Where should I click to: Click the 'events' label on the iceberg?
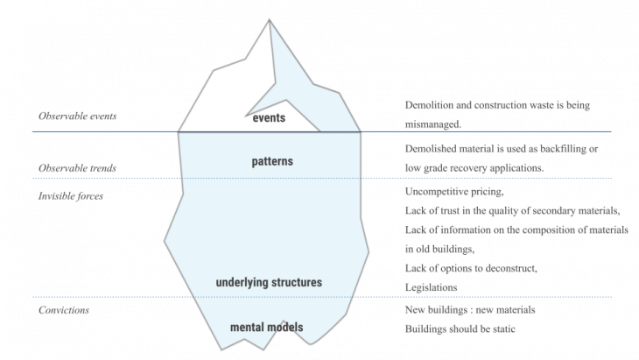point(269,117)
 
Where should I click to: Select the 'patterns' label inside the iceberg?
point(271,162)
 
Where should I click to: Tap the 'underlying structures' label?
point(269,283)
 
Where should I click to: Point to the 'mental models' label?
point(266,328)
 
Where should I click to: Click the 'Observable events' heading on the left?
point(78,116)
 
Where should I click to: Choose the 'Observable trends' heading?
point(78,167)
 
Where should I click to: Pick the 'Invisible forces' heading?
point(71,195)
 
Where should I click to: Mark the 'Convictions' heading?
point(65,310)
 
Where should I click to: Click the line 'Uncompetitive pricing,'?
point(454,191)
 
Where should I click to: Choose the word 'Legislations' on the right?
point(431,286)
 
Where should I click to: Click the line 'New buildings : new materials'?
point(470,310)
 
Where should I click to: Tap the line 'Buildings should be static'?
point(460,329)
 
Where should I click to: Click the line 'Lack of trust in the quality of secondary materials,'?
point(513,210)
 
